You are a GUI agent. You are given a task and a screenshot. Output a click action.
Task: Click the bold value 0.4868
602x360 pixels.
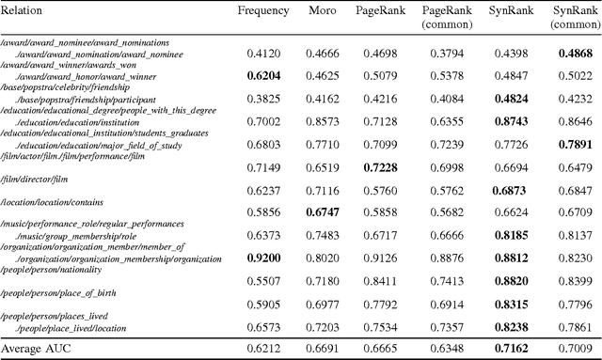[575, 54]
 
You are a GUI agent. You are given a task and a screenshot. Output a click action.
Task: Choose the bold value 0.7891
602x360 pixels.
[575, 145]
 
